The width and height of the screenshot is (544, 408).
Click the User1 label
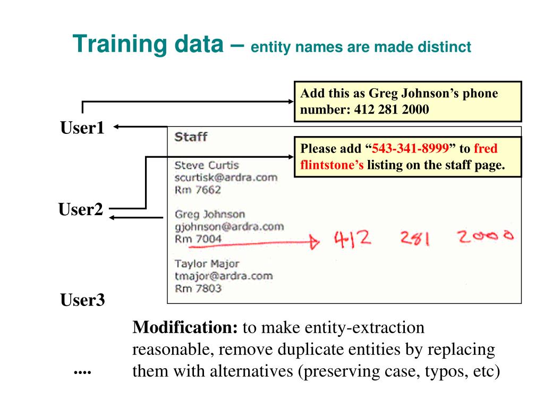(82, 128)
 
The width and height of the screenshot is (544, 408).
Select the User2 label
(80, 210)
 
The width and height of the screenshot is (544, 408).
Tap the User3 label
(82, 301)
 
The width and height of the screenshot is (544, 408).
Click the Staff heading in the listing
(191, 137)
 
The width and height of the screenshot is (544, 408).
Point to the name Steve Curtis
(207, 165)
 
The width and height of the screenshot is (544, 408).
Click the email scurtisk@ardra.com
(226, 177)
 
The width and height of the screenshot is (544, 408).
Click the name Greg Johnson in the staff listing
(210, 215)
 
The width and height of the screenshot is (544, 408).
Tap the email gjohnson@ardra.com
(228, 227)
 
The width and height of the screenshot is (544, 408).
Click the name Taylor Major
(207, 264)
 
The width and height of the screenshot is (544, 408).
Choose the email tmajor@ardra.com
(223, 276)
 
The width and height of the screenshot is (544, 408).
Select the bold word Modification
(185, 328)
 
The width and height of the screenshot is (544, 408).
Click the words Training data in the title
(147, 45)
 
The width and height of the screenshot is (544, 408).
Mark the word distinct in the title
(446, 48)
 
